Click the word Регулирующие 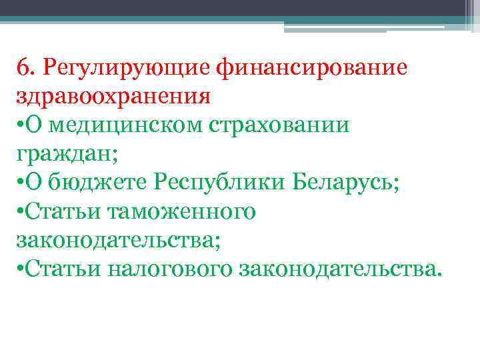click(123, 67)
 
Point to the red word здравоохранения click(113, 96)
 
